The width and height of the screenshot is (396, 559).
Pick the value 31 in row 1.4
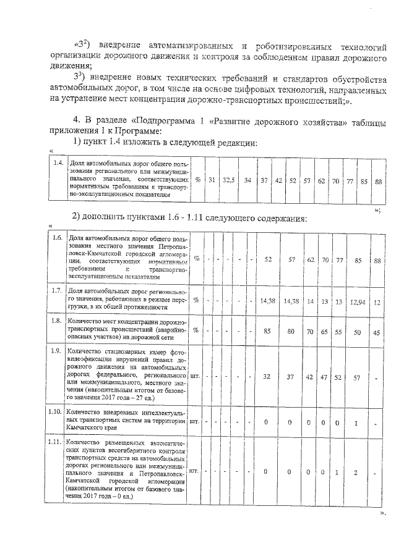tap(212, 180)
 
